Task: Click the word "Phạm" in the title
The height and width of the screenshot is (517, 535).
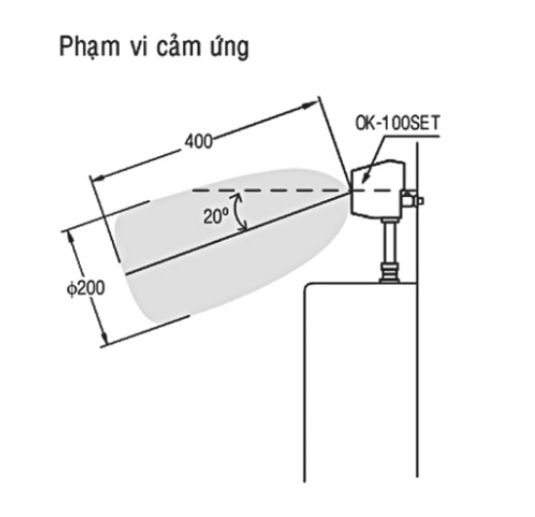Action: coord(90,47)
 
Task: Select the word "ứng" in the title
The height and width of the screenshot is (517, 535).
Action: coord(231,47)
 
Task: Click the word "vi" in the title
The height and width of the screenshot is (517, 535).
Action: coord(138,46)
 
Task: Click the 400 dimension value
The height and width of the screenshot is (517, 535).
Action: coord(199,141)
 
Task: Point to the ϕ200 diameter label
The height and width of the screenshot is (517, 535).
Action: coord(86,289)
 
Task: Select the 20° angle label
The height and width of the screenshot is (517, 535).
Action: coord(215,217)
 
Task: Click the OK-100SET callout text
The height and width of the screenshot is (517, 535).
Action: coord(398,123)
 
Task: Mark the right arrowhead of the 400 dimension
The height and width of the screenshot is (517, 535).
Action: coord(310,105)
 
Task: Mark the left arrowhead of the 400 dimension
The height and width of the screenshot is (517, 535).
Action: coord(99,178)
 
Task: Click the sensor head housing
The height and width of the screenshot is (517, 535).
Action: coord(377,189)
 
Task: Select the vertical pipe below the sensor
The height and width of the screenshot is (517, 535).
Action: coord(389,240)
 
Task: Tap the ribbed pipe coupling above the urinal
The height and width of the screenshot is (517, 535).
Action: coord(390,272)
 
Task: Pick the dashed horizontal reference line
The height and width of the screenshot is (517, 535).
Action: coord(292,190)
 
